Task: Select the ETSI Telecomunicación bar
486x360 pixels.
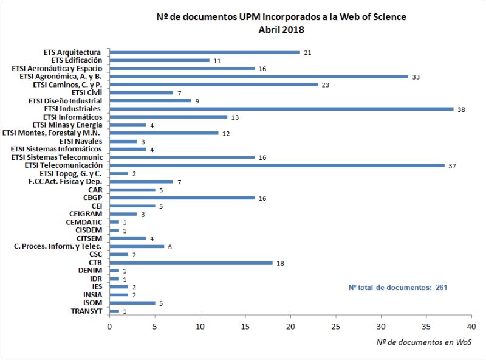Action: (277, 165)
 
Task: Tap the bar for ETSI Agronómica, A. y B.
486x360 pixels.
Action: (259, 77)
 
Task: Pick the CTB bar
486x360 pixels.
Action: (191, 263)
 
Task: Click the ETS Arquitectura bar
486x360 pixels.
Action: (205, 52)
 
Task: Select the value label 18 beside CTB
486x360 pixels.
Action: (279, 263)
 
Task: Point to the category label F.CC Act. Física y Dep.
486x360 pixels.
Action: (65, 182)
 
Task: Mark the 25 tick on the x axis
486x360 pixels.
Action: (336, 327)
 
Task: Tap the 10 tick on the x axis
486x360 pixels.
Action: (200, 327)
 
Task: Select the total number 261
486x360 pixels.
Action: (441, 287)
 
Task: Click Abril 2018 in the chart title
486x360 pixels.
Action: (281, 29)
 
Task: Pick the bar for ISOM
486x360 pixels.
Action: (132, 303)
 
